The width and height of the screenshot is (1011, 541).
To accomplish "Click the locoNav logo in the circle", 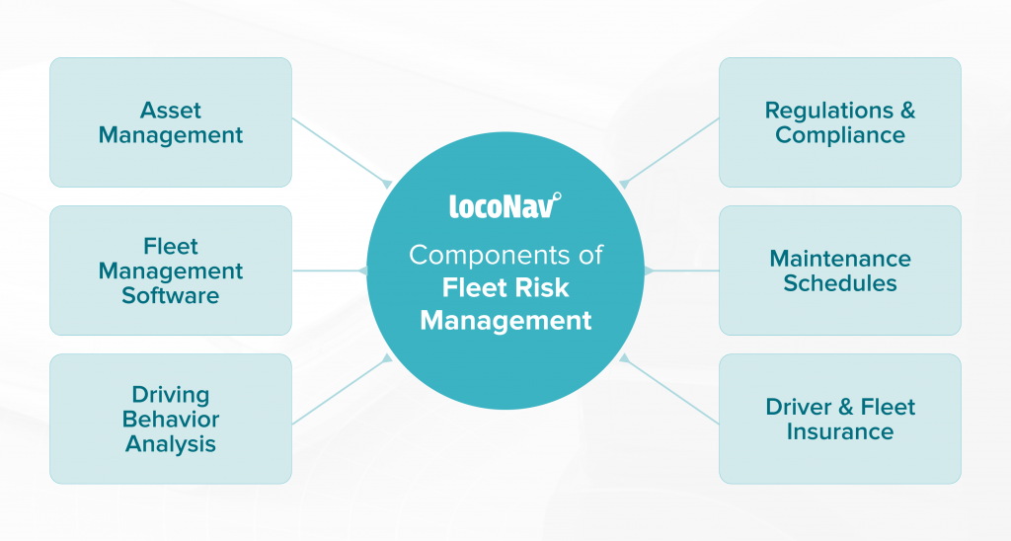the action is [505, 205].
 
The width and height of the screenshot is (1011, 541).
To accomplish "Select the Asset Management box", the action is [171, 122].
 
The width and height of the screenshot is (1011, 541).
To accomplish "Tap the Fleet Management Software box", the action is [171, 270].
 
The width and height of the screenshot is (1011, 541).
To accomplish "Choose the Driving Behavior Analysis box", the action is [171, 419].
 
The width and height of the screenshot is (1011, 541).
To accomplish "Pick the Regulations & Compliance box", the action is [840, 122].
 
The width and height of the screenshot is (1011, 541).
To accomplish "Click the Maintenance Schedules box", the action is [840, 270].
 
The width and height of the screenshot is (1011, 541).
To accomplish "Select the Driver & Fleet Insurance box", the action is [840, 419].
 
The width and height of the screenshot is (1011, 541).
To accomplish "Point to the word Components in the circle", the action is [490, 256].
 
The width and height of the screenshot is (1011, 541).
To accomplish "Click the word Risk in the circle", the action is [548, 287].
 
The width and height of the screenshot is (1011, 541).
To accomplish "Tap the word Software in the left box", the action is [171, 295].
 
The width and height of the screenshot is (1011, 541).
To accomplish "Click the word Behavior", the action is [171, 420].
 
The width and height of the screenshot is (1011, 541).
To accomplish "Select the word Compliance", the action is [840, 135].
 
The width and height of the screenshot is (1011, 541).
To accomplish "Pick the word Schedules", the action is [840, 283].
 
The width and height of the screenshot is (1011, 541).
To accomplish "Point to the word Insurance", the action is [840, 431].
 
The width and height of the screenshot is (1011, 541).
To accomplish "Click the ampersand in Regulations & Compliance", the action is [907, 111].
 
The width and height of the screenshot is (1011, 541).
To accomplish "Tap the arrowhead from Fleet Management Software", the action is [362, 270].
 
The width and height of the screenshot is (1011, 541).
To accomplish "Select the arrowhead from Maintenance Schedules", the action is [649, 270].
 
